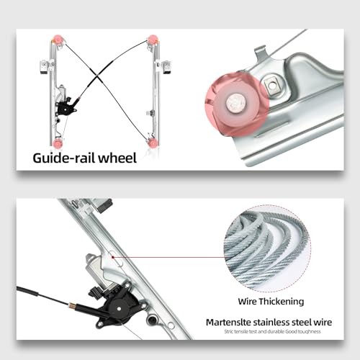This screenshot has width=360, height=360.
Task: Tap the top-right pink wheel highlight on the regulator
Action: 153,39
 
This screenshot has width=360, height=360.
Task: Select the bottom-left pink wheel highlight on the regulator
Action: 58,143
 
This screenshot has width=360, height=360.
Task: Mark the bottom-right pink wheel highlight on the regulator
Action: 153,143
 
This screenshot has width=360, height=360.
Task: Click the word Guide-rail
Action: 65,158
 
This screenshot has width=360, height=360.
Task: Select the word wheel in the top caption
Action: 117,158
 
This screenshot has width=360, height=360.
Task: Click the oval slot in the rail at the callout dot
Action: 112,254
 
